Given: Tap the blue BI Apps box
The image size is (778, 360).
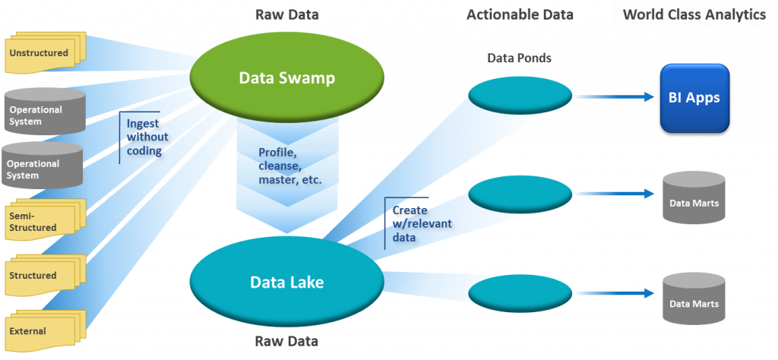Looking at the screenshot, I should [694, 98].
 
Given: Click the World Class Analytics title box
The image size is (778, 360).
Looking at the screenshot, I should [694, 15].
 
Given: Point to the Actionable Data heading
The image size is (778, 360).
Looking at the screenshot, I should [520, 15].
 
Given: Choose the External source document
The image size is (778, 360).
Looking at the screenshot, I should [38, 330].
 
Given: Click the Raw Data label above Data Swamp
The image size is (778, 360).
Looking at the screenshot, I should [287, 14].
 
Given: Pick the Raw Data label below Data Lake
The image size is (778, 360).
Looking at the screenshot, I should [286, 341].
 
